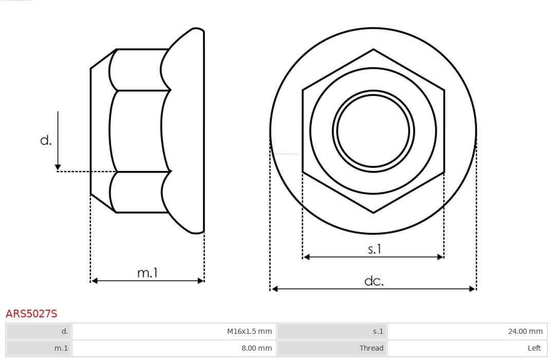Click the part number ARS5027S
(31, 314)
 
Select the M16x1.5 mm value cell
(174, 331)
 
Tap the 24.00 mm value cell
(467, 331)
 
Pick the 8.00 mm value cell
(174, 348)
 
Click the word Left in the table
(534, 348)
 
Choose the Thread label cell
(332, 348)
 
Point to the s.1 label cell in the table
(332, 331)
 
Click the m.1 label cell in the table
(39, 348)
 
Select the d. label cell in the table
(39, 331)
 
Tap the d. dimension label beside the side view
(46, 140)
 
